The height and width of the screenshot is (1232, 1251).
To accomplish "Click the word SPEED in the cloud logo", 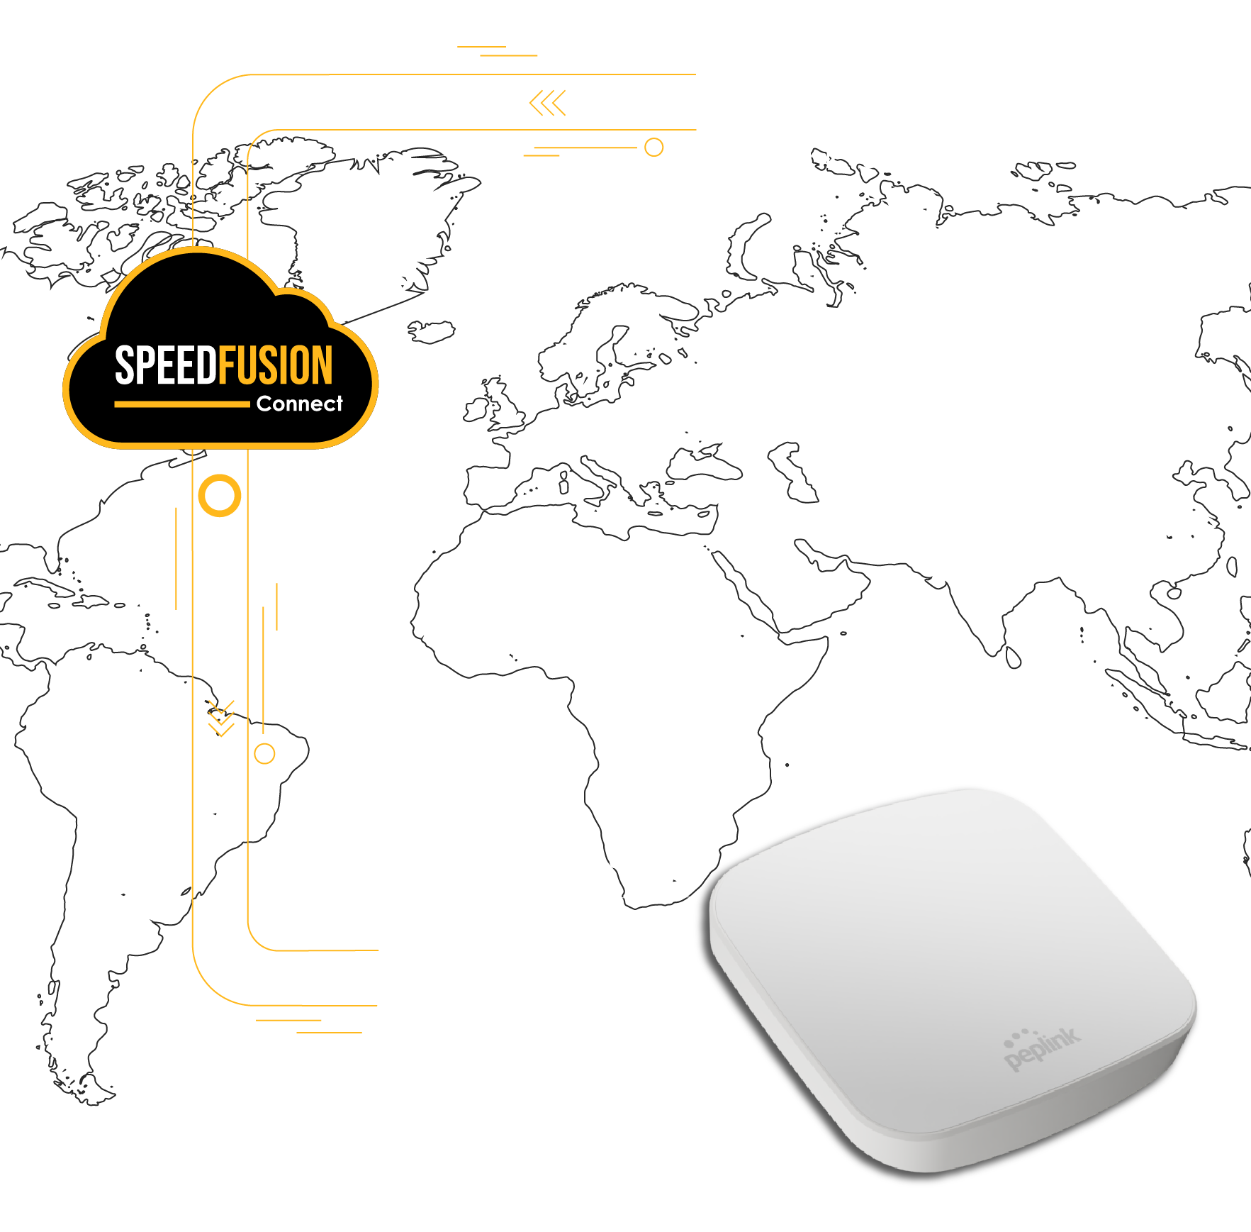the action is tap(166, 365).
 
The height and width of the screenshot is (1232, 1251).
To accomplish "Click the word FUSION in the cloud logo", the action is tap(275, 365).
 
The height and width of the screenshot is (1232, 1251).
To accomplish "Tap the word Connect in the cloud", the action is tap(300, 404).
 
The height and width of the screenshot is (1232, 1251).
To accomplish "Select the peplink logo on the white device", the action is tap(1042, 1048).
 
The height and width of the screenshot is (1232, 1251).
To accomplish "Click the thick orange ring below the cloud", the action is tap(220, 477).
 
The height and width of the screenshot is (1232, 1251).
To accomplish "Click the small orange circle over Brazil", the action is tap(264, 744).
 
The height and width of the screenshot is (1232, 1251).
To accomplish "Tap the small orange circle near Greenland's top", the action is tap(654, 138).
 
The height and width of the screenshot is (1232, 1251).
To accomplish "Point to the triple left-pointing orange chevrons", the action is tap(548, 103).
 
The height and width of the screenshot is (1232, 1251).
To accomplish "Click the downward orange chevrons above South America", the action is tap(221, 718).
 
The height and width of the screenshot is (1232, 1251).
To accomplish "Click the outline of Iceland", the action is tap(430, 331).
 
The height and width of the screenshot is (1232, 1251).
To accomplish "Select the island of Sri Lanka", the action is tap(1014, 657).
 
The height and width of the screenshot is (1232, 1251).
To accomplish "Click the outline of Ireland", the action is tap(476, 410).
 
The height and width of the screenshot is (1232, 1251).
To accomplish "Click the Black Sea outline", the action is tap(703, 464).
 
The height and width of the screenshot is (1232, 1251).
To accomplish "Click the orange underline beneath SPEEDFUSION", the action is tap(182, 404).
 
